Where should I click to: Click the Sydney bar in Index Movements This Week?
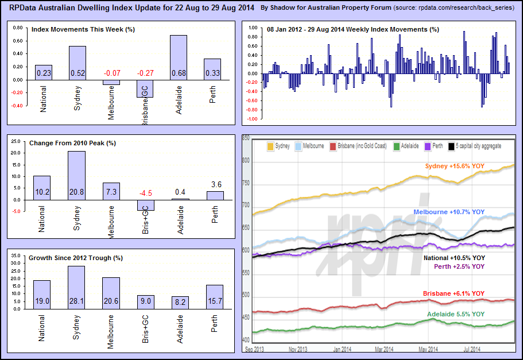click(78, 63)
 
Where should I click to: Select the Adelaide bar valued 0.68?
click(179, 57)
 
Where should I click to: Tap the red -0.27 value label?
click(145, 73)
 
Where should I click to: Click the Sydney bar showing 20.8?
click(78, 175)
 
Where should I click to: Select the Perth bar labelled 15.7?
click(214, 297)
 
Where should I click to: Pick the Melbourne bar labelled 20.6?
click(111, 293)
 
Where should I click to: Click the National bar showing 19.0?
click(42, 295)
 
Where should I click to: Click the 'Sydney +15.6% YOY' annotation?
click(455, 167)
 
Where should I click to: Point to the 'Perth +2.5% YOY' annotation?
click(459, 266)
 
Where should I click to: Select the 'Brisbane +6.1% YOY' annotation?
click(454, 293)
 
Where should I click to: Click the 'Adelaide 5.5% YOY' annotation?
click(456, 315)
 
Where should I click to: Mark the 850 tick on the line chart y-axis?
click(246, 138)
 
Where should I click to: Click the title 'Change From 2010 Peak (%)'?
click(72, 143)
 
